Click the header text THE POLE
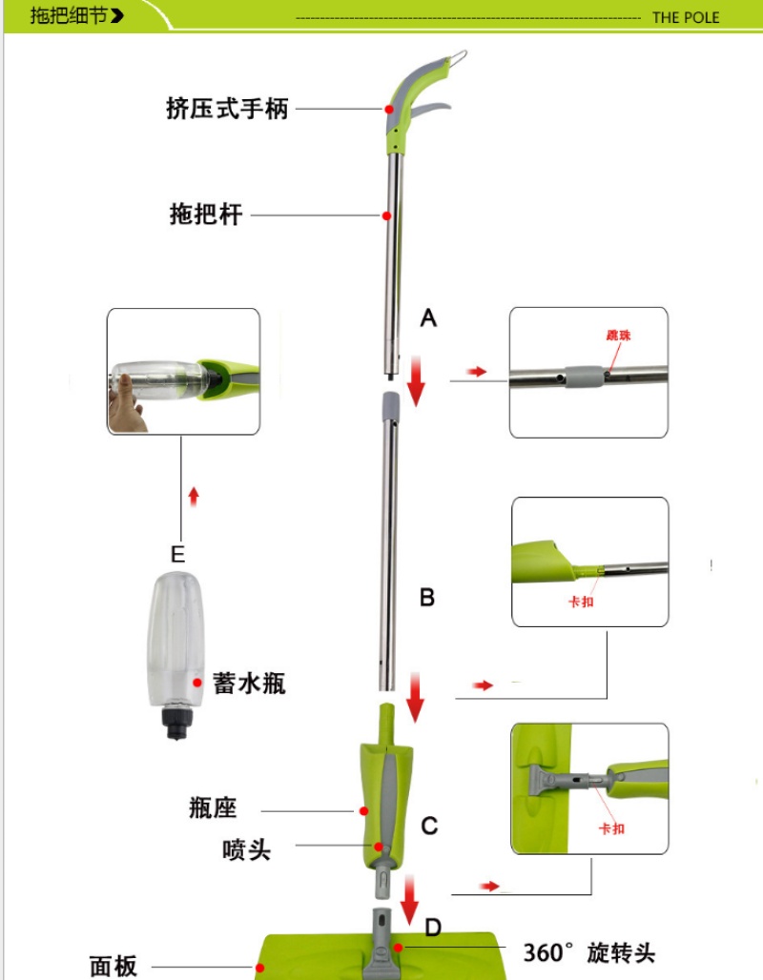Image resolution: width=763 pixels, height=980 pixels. pos(686,17)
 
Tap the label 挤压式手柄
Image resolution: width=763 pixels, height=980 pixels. pos(227,109)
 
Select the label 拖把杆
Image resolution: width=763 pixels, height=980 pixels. pos(206,214)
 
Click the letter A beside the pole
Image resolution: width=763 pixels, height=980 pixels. pos(428,318)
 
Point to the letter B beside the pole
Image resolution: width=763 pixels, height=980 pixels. pos(427,598)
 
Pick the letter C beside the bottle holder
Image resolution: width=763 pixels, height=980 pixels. pos(429,826)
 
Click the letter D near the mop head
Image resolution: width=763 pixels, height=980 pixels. pos(433,928)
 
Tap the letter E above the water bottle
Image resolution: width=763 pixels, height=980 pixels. pos(177,555)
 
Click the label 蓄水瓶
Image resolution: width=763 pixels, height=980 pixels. pos(249,684)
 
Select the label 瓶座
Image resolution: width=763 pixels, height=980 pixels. pos(214,807)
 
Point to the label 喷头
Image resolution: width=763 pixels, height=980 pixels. pos(246,850)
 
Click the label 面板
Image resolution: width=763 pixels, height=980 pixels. pos(113,966)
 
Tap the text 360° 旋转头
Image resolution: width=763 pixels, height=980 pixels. pos(589,953)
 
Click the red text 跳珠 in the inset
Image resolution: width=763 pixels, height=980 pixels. pos(618,336)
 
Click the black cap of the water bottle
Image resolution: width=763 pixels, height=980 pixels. pos(175,723)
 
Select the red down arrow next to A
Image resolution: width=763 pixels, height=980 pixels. pos(416,381)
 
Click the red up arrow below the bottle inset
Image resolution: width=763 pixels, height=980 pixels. pos(194,497)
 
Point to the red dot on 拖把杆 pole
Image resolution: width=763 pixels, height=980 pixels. pos(386,215)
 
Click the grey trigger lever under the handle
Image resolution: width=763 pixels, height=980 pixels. pos(430,111)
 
